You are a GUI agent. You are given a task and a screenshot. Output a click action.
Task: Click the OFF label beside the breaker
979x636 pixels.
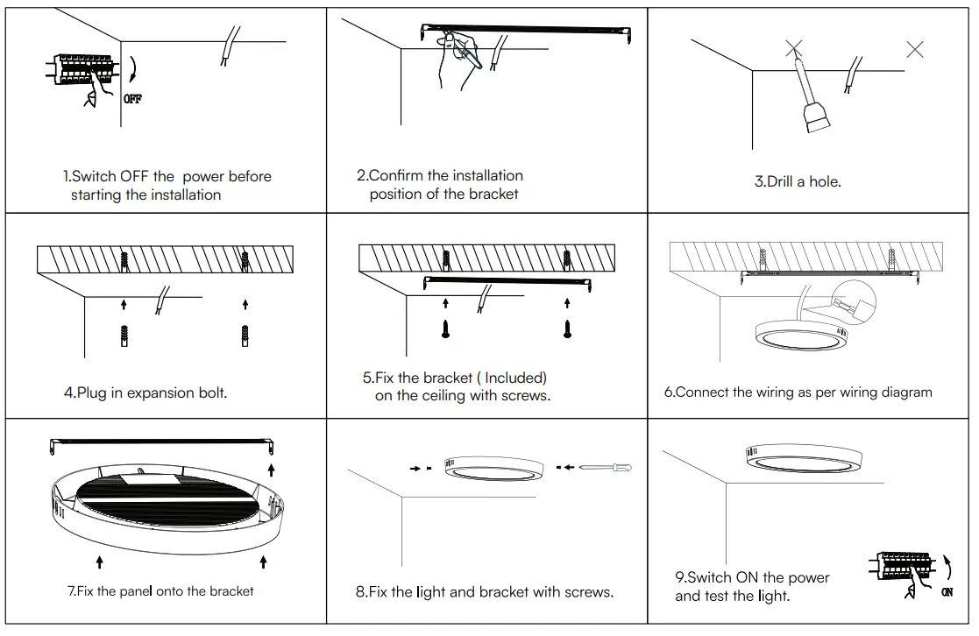(132, 99)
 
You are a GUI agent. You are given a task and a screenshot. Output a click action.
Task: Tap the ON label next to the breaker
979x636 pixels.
(947, 593)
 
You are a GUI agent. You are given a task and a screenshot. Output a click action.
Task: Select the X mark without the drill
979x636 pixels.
(914, 49)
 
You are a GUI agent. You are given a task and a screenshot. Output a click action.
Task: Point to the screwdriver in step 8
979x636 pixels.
(605, 468)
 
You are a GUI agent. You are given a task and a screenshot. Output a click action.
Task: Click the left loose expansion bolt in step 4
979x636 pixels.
(124, 336)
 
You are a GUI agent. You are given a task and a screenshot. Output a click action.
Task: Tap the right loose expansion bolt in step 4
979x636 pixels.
(245, 336)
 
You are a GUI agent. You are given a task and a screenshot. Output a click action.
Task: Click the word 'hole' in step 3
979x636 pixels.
(824, 182)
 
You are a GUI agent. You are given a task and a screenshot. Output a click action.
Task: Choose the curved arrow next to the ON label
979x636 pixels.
(947, 567)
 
